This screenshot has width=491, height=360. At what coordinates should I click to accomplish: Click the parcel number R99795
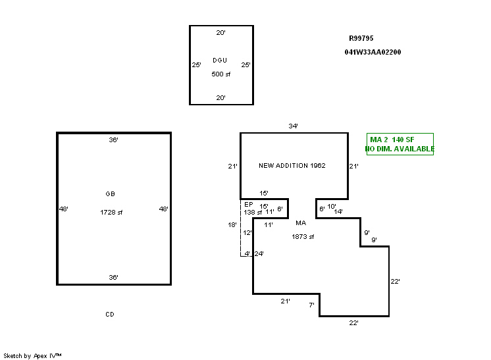pyautogui.click(x=361, y=38)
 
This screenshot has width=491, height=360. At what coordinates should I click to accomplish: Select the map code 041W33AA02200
pyautogui.click(x=373, y=52)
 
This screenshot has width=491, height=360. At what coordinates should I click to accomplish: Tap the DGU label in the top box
pyautogui.click(x=220, y=60)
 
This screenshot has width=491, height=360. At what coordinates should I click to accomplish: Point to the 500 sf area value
pyautogui.click(x=220, y=74)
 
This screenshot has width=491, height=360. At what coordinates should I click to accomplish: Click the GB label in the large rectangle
pyautogui.click(x=110, y=193)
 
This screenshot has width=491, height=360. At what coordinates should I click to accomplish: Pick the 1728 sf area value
pyautogui.click(x=111, y=212)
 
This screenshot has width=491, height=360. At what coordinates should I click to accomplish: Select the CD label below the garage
pyautogui.click(x=110, y=315)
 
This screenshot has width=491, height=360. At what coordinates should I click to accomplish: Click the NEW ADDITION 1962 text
pyautogui.click(x=292, y=166)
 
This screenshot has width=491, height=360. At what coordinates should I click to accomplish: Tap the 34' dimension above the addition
pyautogui.click(x=293, y=126)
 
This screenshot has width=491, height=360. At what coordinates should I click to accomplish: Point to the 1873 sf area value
pyautogui.click(x=303, y=237)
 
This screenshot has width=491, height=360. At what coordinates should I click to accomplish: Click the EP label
pyautogui.click(x=249, y=205)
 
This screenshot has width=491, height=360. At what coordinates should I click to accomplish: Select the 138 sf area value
pyautogui.click(x=253, y=212)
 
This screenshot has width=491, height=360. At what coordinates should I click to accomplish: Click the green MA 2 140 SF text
pyautogui.click(x=392, y=140)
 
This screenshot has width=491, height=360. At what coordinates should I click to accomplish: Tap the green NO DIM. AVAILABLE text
pyautogui.click(x=400, y=149)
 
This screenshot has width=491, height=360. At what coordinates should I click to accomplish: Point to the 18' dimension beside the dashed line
pyautogui.click(x=232, y=224)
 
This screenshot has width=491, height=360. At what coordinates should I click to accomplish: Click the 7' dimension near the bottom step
pyautogui.click(x=311, y=305)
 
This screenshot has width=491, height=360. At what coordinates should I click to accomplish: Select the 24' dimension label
pyautogui.click(x=259, y=253)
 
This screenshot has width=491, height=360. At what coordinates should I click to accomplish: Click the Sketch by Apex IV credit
pyautogui.click(x=32, y=356)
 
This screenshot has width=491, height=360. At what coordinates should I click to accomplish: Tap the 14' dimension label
pyautogui.click(x=338, y=212)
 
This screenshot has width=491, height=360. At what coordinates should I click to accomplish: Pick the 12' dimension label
pyautogui.click(x=247, y=232)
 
